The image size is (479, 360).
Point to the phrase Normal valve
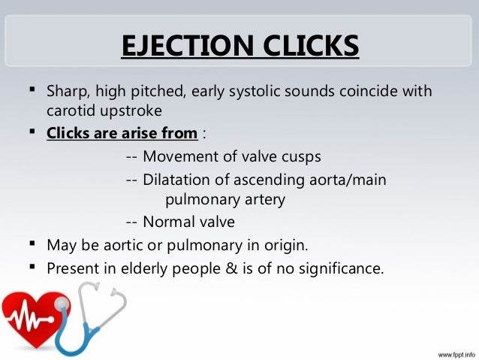click(x=188, y=222)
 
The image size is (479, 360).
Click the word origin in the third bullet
click(x=287, y=245)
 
